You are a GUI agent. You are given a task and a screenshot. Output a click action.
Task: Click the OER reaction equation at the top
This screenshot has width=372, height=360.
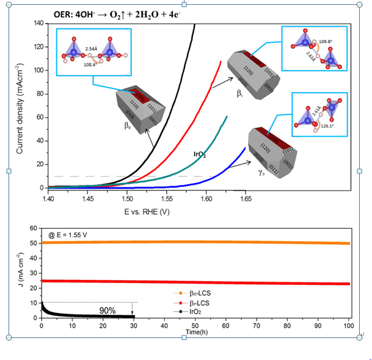tap(98, 12)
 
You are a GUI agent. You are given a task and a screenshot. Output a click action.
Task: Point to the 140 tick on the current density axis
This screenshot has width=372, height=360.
tap(38, 23)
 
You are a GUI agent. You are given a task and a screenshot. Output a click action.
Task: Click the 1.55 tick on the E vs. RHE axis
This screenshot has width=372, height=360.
tap(167, 198)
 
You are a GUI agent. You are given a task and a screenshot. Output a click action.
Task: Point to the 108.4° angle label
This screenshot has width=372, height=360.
tap(90, 63)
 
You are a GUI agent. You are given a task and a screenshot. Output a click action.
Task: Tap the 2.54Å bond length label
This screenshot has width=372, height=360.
tap(91, 48)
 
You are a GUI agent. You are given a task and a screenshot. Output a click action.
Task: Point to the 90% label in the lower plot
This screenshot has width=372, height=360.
tap(108, 310)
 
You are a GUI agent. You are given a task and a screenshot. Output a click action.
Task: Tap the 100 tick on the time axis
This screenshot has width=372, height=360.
tap(349, 325)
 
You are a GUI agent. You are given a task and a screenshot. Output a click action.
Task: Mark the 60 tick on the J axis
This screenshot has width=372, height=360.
tap(35, 228)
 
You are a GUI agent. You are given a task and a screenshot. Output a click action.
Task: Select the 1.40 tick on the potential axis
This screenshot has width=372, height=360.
tap(48, 198)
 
